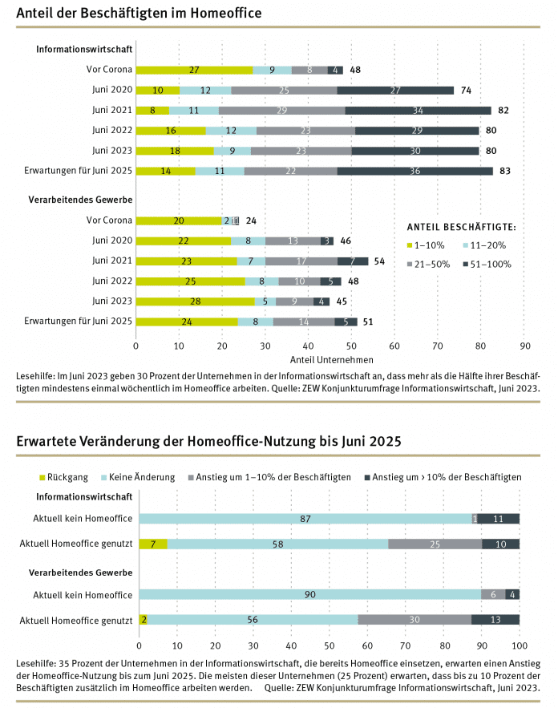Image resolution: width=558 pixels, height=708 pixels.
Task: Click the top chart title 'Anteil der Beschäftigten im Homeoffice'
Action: tap(139, 14)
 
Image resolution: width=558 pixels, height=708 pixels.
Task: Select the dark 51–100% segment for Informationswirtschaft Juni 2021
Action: tap(418, 110)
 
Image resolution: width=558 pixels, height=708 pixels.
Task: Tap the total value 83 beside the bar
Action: tap(504, 171)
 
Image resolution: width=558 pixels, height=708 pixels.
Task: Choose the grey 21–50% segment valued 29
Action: tap(281, 110)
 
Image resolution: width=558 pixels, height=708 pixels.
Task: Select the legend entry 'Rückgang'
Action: tap(67, 477)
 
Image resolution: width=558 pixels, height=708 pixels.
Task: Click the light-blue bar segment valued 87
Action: tap(305, 519)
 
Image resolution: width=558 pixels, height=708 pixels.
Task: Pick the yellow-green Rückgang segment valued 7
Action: tap(153, 544)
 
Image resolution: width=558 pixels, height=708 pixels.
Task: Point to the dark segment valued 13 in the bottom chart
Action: tap(495, 619)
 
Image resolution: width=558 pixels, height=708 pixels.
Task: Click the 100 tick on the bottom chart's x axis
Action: tap(519, 645)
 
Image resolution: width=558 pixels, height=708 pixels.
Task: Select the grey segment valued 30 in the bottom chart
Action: tap(414, 619)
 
